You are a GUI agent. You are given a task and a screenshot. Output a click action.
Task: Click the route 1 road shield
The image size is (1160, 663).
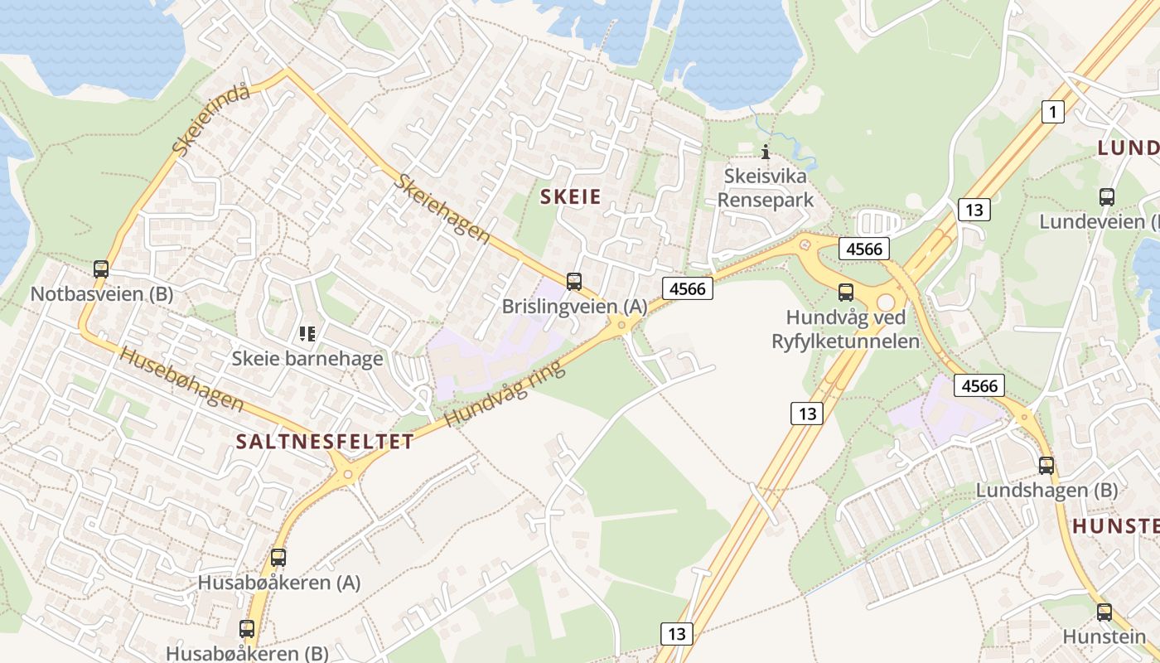click(1052, 111)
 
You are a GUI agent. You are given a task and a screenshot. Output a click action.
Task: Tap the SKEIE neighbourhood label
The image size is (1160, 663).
click(571, 196)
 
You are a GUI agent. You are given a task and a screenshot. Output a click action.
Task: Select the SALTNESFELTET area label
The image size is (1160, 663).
click(325, 442)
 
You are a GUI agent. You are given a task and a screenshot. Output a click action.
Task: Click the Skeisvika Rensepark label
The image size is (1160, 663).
click(765, 188)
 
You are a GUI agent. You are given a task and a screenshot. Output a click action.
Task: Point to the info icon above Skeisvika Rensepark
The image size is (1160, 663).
click(766, 152)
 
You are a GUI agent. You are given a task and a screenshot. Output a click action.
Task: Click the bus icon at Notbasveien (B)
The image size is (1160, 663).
click(101, 269)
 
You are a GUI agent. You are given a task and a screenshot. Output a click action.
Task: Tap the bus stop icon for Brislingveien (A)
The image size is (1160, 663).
click(574, 282)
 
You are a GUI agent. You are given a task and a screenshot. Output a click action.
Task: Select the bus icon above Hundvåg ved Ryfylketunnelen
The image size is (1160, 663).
click(845, 292)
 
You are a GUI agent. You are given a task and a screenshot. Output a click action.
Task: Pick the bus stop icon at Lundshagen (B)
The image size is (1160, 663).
click(1046, 466)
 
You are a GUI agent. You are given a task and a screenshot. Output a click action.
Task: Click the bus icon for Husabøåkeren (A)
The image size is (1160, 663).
click(278, 558)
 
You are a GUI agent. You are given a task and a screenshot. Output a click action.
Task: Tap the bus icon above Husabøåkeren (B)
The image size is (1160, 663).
click(247, 629)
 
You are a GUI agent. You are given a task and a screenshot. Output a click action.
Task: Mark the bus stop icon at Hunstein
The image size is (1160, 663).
click(1104, 612)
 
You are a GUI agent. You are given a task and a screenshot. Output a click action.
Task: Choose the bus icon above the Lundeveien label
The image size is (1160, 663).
click(1107, 197)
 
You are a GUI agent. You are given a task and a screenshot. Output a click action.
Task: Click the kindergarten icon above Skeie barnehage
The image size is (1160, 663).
click(307, 334)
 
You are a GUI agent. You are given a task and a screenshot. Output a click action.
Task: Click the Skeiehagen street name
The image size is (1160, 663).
click(442, 208)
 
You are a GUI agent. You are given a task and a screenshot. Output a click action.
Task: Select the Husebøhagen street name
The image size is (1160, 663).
click(181, 379)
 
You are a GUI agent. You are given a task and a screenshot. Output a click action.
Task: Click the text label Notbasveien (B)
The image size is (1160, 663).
click(101, 294)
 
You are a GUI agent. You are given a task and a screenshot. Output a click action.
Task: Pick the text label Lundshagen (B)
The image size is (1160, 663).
click(1046, 490)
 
